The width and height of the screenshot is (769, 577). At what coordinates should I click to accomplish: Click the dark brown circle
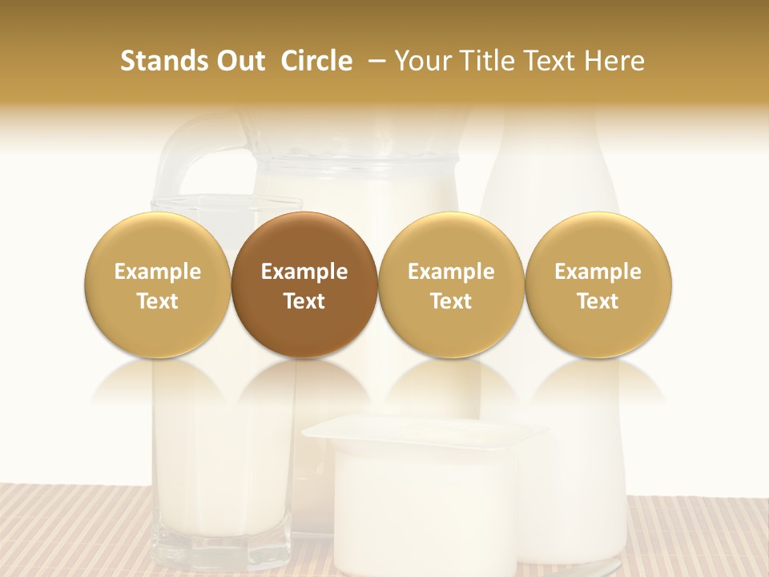[304, 284]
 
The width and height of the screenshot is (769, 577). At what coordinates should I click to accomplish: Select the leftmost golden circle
[158, 284]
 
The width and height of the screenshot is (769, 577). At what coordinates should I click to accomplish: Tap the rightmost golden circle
[598, 284]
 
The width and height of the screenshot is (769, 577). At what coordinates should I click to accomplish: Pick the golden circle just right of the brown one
[451, 284]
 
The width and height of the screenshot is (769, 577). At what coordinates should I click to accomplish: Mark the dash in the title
[373, 61]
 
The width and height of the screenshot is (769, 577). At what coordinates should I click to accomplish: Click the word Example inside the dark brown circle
[304, 272]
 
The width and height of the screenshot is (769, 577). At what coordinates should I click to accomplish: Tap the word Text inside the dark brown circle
[304, 301]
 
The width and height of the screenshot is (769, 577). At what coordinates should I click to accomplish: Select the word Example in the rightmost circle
[598, 272]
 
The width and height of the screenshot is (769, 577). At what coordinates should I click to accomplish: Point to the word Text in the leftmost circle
[158, 301]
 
